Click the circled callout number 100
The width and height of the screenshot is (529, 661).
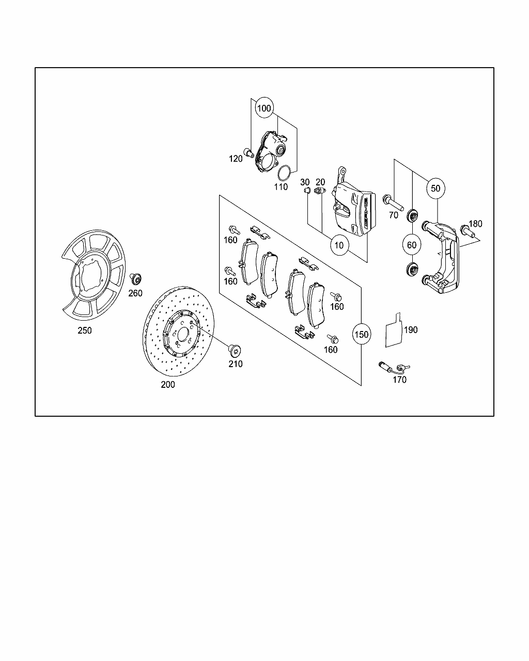pos(264,108)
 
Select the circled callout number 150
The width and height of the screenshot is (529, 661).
pos(362,334)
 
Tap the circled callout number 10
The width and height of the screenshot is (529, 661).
pos(339,245)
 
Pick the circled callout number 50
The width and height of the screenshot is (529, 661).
pos(435,188)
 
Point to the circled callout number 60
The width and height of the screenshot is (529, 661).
pos(412,245)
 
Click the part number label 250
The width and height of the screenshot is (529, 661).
pos(85,330)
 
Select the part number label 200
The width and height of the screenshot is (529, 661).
pos(168,385)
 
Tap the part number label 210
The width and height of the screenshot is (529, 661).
pos(236,364)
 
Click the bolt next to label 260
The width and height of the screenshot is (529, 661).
pos(135,279)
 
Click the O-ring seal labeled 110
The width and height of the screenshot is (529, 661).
pos(284,173)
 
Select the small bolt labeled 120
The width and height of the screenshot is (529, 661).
pos(248,152)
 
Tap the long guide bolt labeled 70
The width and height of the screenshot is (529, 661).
pos(393,202)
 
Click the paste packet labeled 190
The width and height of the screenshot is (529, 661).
pos(394,330)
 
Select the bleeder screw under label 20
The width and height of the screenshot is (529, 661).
pos(320,191)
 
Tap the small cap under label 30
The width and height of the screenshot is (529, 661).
pos(306,191)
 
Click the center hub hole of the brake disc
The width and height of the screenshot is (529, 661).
pos(183,335)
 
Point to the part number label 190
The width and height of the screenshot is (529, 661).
pos(411,330)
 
